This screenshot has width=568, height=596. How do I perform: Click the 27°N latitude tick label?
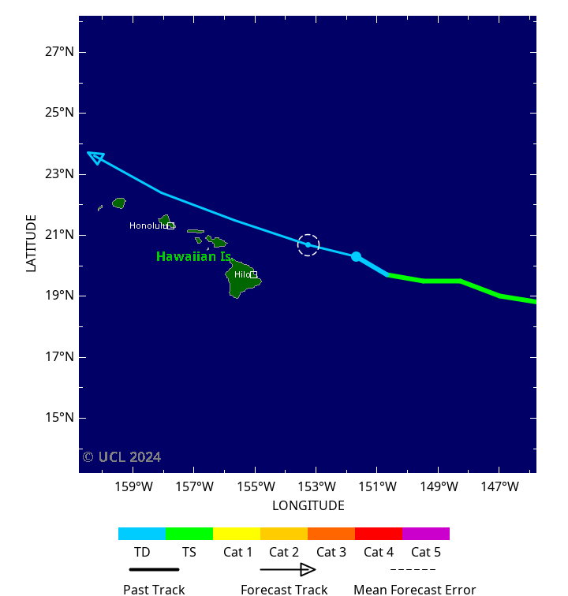coord(59,52)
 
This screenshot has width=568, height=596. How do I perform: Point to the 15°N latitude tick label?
coord(59,418)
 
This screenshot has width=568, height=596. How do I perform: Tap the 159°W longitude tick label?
coord(133,487)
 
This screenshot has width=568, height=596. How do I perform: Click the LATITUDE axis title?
coord(32,244)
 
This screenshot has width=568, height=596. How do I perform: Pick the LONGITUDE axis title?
coord(308,506)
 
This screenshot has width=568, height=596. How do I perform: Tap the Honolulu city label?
coord(148,226)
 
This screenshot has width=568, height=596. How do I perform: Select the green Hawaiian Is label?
coord(193,257)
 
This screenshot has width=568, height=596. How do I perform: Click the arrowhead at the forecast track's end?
coord(95,157)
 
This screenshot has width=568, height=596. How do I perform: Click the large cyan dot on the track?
coord(356,256)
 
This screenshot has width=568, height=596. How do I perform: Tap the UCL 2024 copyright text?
coord(121,457)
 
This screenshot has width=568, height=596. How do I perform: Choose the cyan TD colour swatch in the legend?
coord(142,534)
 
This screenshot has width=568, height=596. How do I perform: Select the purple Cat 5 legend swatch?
coord(426,534)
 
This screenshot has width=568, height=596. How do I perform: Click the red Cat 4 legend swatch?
coord(379,534)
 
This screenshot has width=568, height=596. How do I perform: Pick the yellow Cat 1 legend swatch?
coord(237,534)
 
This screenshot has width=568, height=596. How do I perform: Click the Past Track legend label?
coord(154,589)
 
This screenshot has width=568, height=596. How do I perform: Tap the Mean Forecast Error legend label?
coord(414,589)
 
